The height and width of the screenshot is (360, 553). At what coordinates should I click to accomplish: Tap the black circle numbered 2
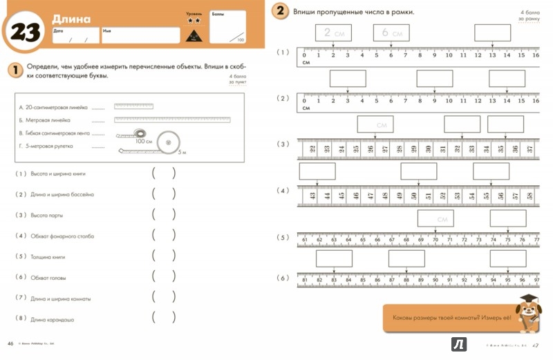click(x=280, y=12)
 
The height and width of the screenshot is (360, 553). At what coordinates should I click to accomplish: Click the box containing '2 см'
click(x=332, y=32)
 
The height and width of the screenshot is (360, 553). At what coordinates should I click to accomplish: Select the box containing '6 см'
click(x=391, y=32)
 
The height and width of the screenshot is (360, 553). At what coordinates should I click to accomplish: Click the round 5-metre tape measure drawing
click(x=168, y=142)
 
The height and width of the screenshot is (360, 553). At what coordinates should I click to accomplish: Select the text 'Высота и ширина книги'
click(x=62, y=173)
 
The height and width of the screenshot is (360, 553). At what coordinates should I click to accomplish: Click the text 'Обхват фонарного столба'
click(x=62, y=236)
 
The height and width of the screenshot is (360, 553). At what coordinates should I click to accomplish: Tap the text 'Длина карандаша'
click(x=53, y=319)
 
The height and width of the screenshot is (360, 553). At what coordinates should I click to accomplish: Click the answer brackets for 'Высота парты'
click(x=163, y=215)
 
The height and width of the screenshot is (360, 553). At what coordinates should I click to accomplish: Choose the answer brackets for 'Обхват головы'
click(x=163, y=277)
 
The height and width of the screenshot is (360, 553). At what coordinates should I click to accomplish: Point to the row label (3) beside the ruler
click(x=282, y=144)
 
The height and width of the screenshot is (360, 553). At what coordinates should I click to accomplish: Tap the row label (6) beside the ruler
click(x=282, y=278)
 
